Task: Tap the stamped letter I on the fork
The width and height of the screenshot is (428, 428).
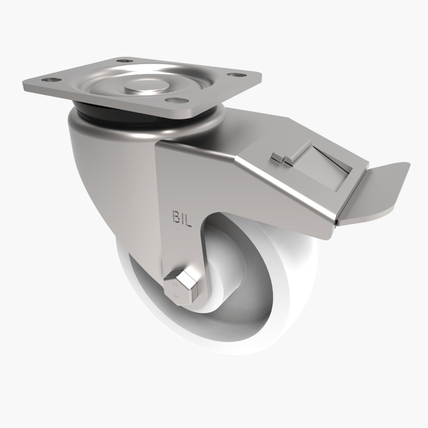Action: coord(182,218)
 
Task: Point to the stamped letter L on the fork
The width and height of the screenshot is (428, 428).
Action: coord(188,220)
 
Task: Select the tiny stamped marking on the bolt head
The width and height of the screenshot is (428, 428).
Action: coord(175,293)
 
